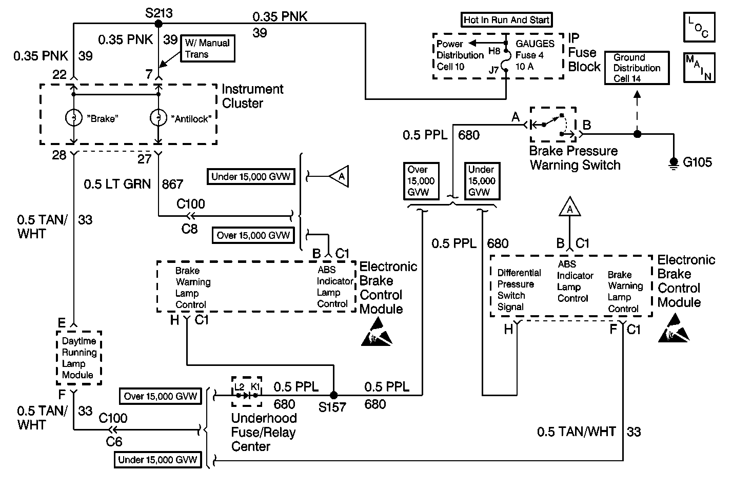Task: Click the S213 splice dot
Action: click(x=159, y=24)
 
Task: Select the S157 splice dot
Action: click(x=333, y=395)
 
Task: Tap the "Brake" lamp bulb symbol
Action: click(x=73, y=118)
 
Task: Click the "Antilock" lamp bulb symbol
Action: click(x=158, y=118)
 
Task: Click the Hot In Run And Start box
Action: click(x=506, y=20)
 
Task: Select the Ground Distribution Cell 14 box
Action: click(x=637, y=68)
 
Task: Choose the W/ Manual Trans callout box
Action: click(x=207, y=49)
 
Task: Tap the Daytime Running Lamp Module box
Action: click(x=78, y=358)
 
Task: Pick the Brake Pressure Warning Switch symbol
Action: click(x=553, y=124)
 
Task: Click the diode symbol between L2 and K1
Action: click(x=246, y=395)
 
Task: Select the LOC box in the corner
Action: click(x=699, y=27)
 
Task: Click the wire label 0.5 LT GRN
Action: click(x=117, y=183)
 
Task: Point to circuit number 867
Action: click(x=172, y=183)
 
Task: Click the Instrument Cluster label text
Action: click(x=252, y=96)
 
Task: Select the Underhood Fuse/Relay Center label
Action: click(x=264, y=432)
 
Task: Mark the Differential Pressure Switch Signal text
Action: click(x=519, y=290)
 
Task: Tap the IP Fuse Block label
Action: click(x=584, y=52)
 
